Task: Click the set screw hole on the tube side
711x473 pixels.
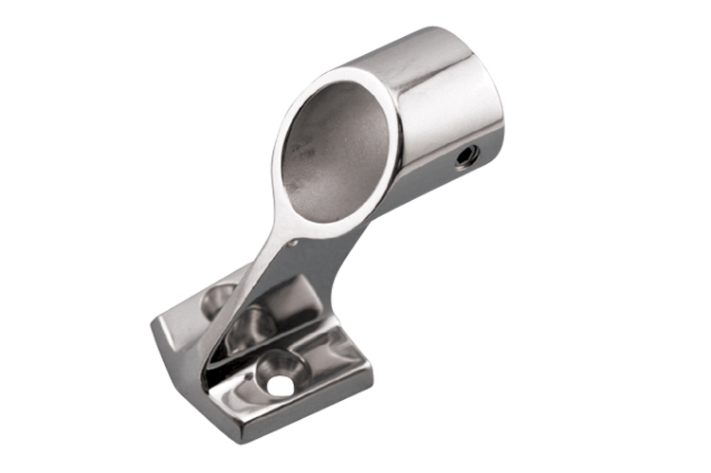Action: coord(465,154)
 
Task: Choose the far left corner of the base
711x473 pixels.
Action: coord(155,327)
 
